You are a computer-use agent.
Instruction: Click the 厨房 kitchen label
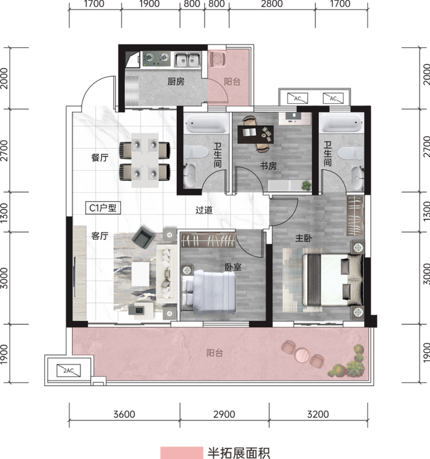pyautogui.click(x=176, y=82)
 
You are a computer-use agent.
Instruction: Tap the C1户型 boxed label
pyautogui.click(x=103, y=208)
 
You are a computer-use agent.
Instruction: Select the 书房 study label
pyautogui.click(x=268, y=166)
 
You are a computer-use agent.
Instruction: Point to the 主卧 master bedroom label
pyautogui.click(x=303, y=238)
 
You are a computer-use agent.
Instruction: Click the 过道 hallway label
pyautogui.click(x=204, y=210)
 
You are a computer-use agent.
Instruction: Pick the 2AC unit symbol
pyautogui.click(x=69, y=370)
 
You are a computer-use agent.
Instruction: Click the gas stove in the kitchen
pyautogui.click(x=157, y=58)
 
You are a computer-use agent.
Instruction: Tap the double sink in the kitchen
pyautogui.click(x=187, y=60)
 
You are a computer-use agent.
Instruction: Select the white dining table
pyautogui.click(x=145, y=160)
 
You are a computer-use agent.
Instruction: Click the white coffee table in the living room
pyautogui.click(x=141, y=274)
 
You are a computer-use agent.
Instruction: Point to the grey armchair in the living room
pyautogui.click(x=143, y=237)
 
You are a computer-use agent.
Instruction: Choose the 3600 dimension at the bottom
pyautogui.click(x=124, y=414)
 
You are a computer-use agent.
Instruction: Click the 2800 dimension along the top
pyautogui.click(x=272, y=4)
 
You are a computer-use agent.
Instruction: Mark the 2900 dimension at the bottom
pyautogui.click(x=224, y=414)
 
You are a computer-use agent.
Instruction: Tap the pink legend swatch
pyautogui.click(x=181, y=453)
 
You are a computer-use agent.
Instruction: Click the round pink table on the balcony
pyautogui.click(x=302, y=355)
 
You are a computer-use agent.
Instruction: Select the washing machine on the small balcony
pyautogui.click(x=217, y=59)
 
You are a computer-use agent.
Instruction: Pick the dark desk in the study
pyautogui.click(x=256, y=134)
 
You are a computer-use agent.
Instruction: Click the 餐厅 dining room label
pyautogui.click(x=100, y=158)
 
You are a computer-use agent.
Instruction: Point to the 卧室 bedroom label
pyautogui.click(x=233, y=267)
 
